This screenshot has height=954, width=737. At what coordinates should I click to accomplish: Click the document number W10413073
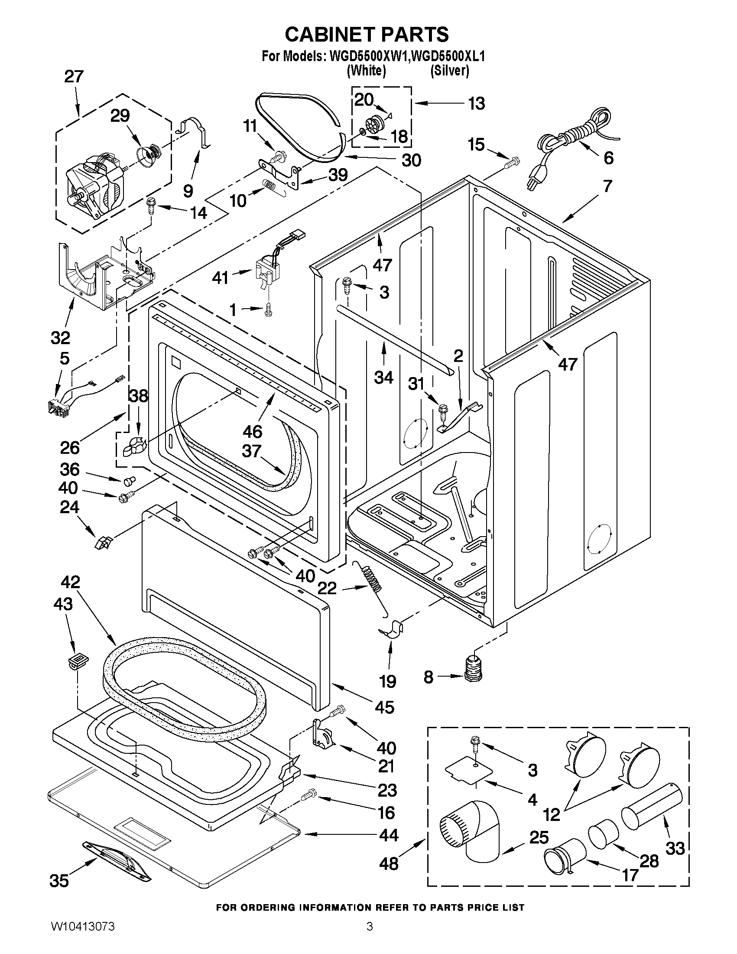pyautogui.click(x=83, y=936)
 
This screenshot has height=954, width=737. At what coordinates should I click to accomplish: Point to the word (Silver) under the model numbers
pyautogui.click(x=449, y=70)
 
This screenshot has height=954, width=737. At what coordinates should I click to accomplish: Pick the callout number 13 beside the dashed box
pyautogui.click(x=476, y=104)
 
